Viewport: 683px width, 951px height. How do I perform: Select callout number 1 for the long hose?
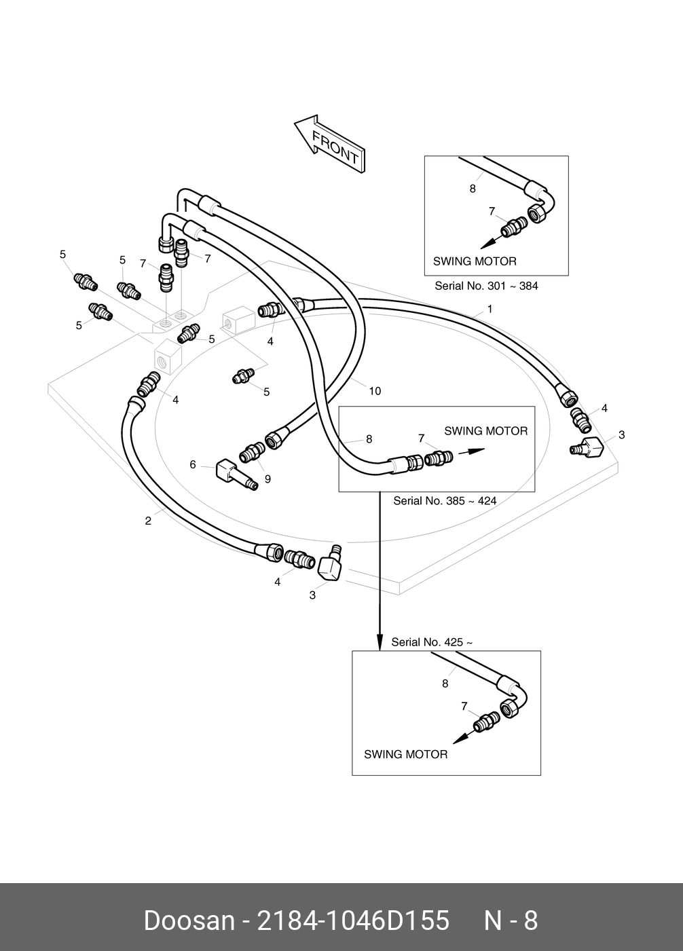pyautogui.click(x=490, y=310)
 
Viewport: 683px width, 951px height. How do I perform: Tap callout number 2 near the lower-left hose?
pyautogui.click(x=148, y=521)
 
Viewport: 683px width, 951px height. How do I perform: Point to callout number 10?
pyautogui.click(x=375, y=391)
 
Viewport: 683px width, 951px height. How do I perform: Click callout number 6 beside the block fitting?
pyautogui.click(x=193, y=465)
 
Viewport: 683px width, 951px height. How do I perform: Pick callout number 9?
pyautogui.click(x=267, y=479)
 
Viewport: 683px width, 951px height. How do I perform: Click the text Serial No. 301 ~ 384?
pyautogui.click(x=486, y=286)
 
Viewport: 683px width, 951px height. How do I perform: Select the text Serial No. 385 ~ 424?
pyautogui.click(x=445, y=501)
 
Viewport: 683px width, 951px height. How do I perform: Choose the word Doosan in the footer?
pyautogui.click(x=188, y=921)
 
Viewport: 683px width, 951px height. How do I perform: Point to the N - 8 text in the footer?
pyautogui.click(x=510, y=921)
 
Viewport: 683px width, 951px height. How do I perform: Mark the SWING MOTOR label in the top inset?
pyautogui.click(x=475, y=261)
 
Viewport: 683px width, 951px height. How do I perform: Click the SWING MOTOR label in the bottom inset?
pyautogui.click(x=405, y=754)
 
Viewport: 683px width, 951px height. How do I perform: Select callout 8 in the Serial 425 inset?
pyautogui.click(x=445, y=684)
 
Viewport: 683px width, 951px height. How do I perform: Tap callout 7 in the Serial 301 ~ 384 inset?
pyautogui.click(x=492, y=212)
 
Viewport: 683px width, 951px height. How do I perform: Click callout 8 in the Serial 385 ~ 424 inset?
pyautogui.click(x=369, y=439)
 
